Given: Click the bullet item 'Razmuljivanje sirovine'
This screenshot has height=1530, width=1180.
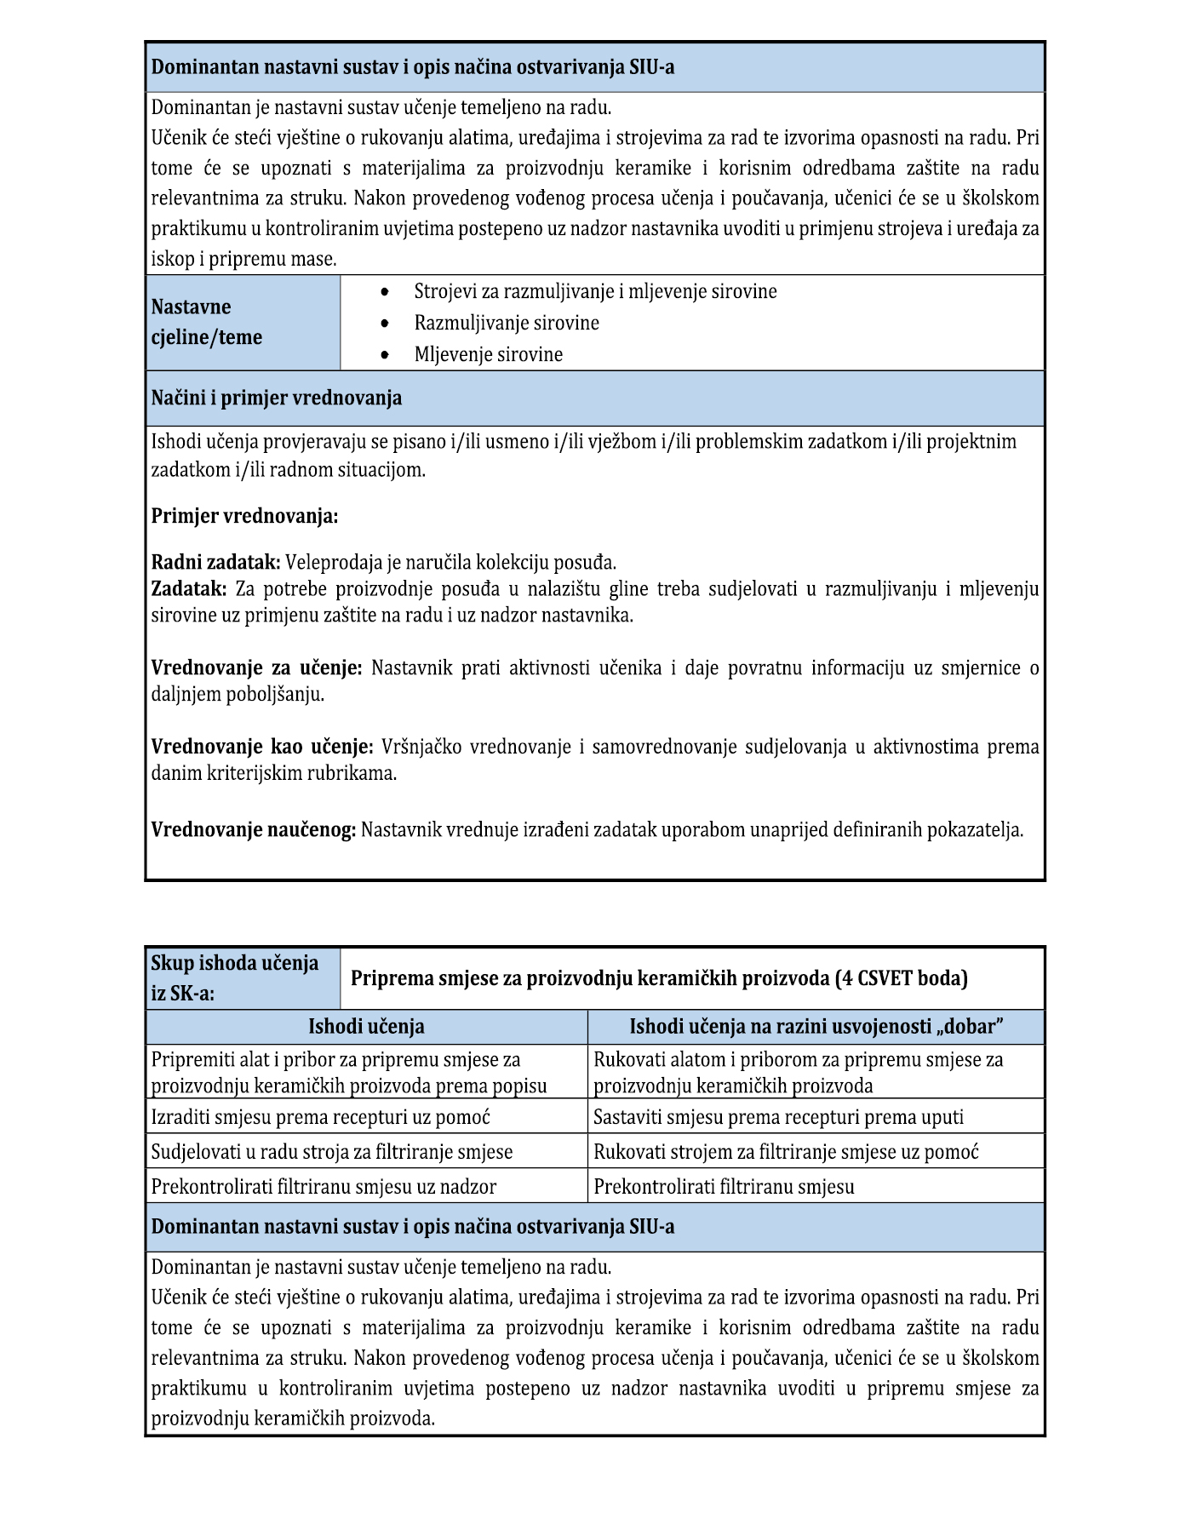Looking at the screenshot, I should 507,324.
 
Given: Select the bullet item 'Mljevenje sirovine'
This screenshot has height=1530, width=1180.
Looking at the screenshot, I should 489,355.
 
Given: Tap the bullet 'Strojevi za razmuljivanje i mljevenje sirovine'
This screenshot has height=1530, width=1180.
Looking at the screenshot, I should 595,292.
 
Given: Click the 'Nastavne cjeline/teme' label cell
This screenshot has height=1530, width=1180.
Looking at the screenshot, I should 243,322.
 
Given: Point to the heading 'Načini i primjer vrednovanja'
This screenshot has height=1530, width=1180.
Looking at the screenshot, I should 277,398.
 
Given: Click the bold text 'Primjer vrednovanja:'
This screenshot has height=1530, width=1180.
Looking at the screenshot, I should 244,516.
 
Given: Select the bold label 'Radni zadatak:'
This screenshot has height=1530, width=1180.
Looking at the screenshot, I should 215,562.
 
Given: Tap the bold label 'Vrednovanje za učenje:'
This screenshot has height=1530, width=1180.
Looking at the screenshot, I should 257,668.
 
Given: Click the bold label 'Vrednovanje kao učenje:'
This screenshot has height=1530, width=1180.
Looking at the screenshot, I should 262,747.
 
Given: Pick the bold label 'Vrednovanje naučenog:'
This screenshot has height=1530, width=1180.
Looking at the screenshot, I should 254,829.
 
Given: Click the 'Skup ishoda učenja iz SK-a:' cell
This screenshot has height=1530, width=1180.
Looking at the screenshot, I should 243,977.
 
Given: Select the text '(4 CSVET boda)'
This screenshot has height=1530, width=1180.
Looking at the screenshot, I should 902,978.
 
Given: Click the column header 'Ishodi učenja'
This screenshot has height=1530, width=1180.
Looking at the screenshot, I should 366,1027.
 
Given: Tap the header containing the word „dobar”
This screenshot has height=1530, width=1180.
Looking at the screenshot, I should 816,1027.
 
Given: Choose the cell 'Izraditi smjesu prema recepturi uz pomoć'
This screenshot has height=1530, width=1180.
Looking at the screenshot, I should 321,1117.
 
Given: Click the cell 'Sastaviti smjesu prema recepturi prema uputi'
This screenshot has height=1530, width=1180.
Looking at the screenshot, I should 778,1117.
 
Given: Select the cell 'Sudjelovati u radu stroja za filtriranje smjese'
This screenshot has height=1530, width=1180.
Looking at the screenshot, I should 332,1152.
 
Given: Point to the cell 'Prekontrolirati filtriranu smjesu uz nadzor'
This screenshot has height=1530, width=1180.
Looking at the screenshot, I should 324,1187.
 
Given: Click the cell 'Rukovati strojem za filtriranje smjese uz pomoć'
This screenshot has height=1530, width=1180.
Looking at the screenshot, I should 786,1152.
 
